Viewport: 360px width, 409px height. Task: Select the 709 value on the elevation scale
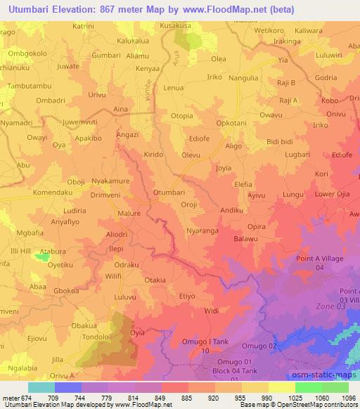[69, 396]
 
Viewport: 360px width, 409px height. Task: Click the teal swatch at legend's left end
[41, 387]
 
